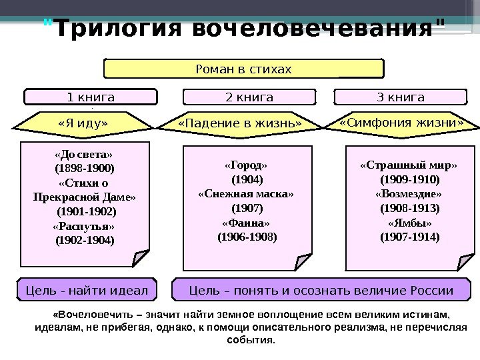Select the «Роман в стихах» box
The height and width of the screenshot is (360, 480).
coord(244,69)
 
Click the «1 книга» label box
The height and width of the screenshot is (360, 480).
coord(91,97)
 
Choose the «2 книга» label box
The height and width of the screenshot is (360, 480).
coord(249,97)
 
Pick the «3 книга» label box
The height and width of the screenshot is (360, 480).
coord(401,97)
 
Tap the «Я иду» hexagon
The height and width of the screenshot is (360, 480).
coord(83,123)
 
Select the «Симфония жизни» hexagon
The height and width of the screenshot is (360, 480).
coord(401,123)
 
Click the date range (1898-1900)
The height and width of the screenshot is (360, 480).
coord(84,169)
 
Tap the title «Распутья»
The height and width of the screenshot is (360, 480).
coord(84,226)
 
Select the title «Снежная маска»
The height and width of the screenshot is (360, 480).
coord(247,194)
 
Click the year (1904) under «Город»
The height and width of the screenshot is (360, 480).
coord(247,180)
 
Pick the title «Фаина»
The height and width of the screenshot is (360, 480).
coord(247,222)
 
